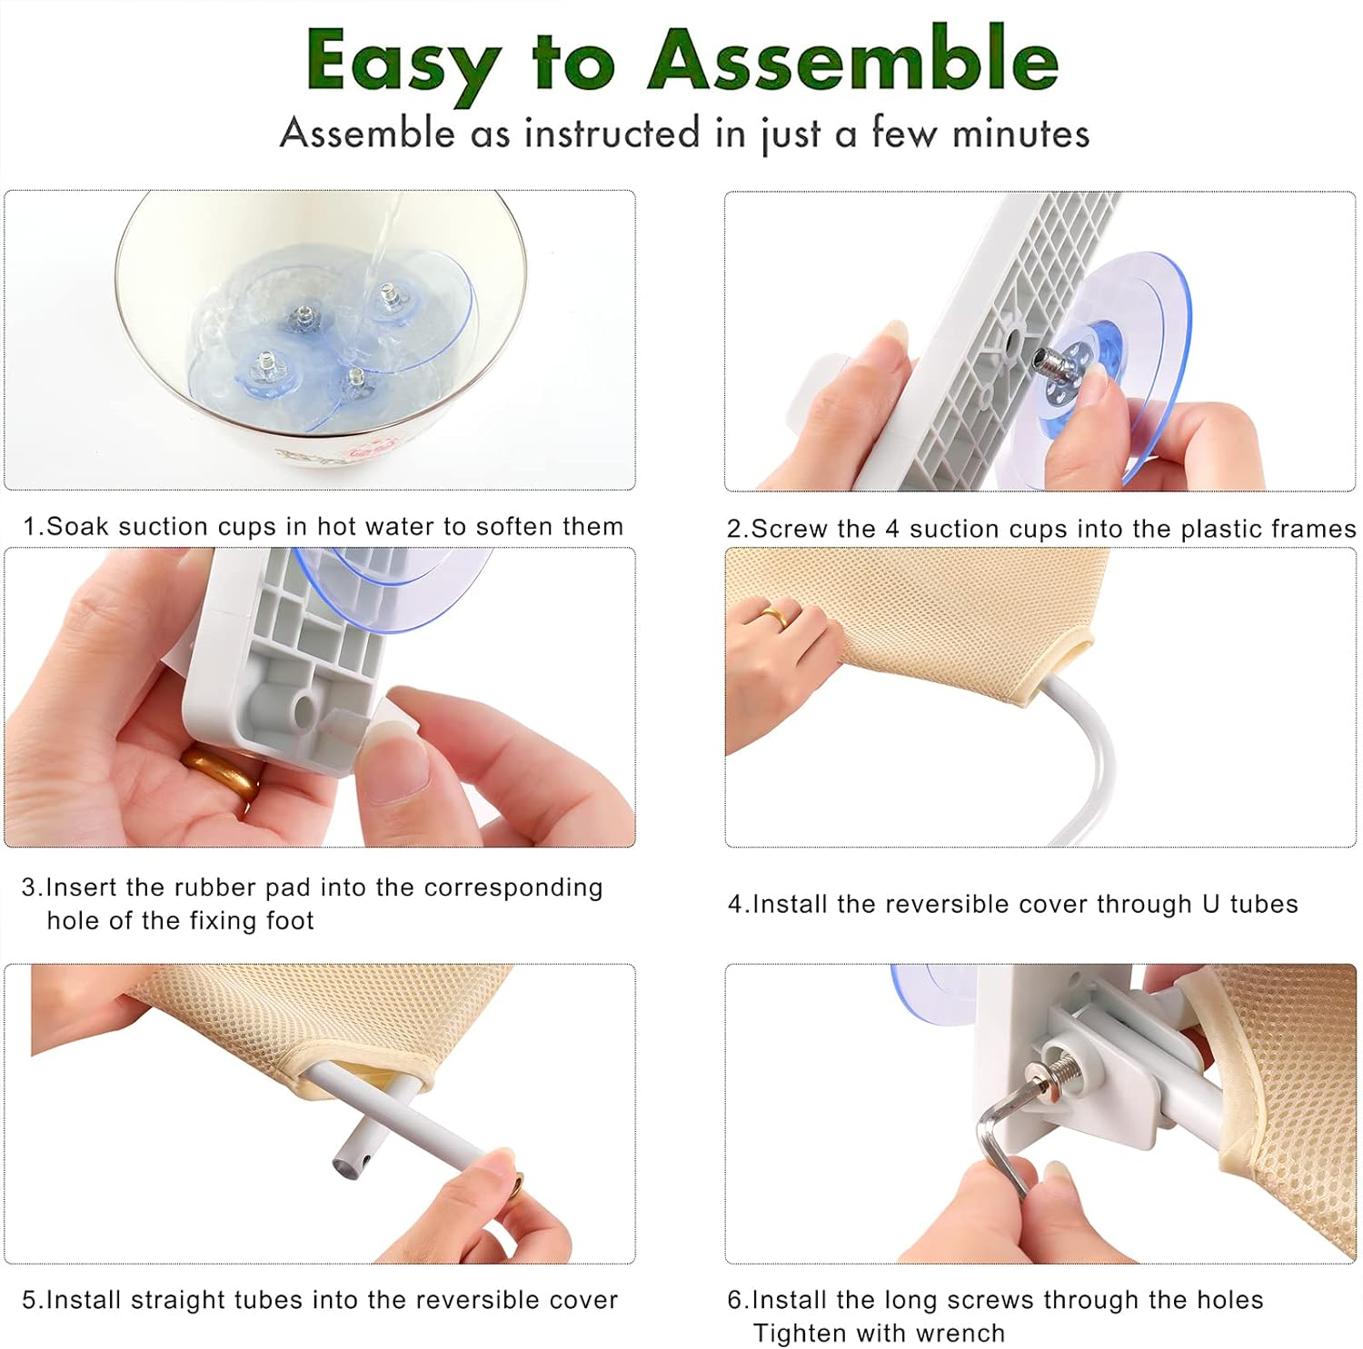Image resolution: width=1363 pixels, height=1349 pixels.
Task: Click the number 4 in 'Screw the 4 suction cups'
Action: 892,529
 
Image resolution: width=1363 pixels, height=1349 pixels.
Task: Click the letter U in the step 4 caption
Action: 1210,904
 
